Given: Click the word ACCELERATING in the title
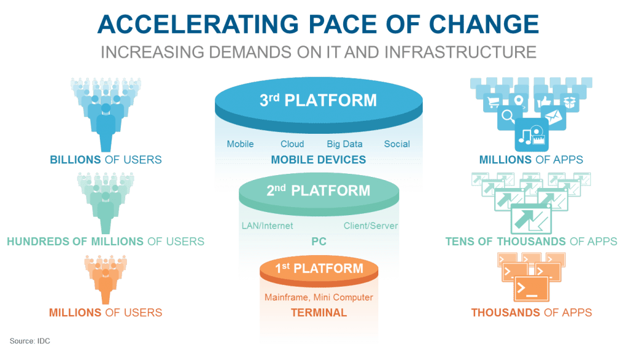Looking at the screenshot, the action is pos(198,24).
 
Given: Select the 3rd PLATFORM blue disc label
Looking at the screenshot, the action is pos(319,100).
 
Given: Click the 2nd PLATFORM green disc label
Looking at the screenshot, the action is pos(319,190).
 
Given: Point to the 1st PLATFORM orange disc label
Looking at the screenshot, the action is pos(319,268).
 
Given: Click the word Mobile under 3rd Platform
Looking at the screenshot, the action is pos(240,144).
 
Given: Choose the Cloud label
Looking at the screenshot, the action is pos(292,144).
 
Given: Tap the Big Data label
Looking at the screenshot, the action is pos(344,144).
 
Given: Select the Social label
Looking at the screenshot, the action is pos(397,144).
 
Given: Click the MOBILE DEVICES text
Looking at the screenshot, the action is pos(319,160).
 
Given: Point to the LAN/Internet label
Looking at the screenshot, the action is pos(267,226).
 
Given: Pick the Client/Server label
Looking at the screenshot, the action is pos(370,226).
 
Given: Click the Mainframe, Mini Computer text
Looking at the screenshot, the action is pos(319,298).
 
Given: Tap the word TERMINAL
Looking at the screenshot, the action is pos(319,313).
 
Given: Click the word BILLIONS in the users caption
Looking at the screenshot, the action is pos(75,160).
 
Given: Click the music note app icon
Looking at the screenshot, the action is pos(531,135).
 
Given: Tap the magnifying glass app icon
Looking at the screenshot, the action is pos(508,117).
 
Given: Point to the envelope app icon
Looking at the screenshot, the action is pos(554,117).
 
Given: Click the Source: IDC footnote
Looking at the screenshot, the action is pos(30,341).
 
